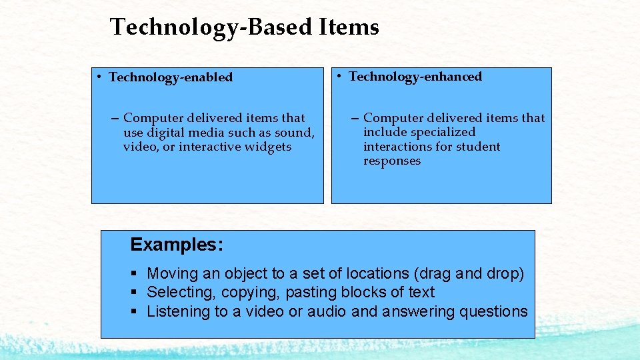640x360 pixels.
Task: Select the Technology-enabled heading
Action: (x=171, y=77)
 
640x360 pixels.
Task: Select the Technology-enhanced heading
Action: (x=415, y=77)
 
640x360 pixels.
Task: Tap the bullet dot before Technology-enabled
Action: (x=97, y=77)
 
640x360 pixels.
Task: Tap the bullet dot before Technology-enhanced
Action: (x=339, y=76)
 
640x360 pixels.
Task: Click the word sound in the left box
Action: (x=295, y=132)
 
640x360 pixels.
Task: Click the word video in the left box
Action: (x=140, y=147)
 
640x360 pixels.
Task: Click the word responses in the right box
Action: (x=392, y=161)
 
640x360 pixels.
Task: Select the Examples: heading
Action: (x=177, y=245)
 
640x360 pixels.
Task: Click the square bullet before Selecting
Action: (x=134, y=293)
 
